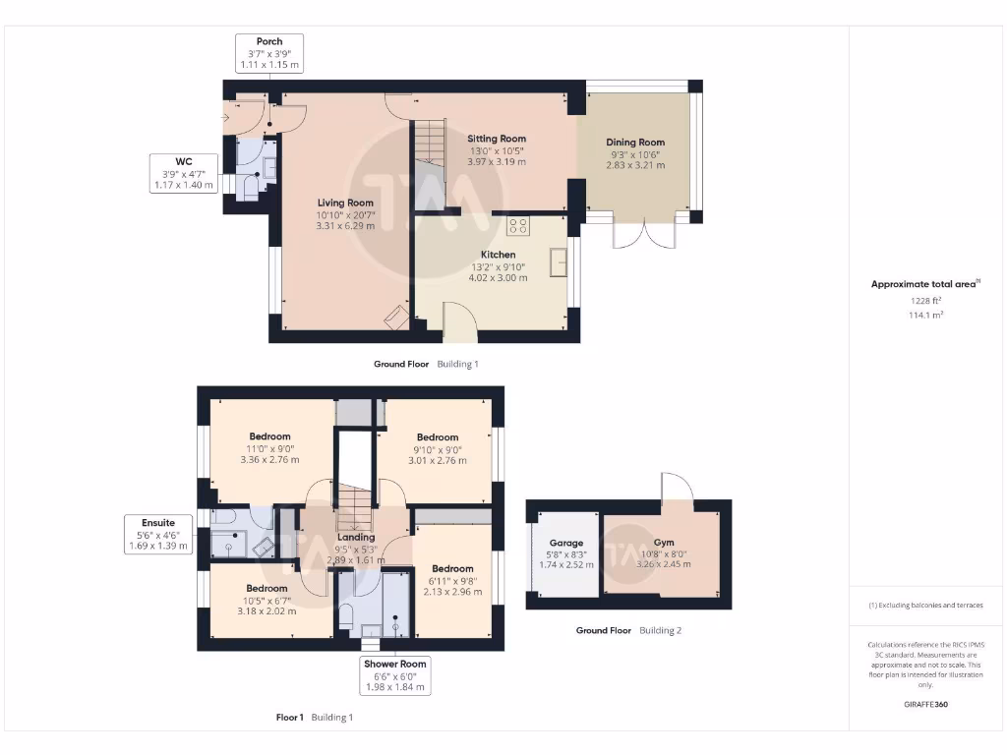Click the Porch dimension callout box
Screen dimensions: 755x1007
click(x=268, y=53)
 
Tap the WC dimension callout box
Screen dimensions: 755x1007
click(x=183, y=172)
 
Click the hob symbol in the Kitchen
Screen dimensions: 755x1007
click(x=518, y=226)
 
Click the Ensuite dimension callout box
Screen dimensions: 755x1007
click(x=157, y=534)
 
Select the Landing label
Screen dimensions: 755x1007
click(x=356, y=537)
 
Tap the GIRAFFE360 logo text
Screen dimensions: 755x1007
click(x=925, y=704)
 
